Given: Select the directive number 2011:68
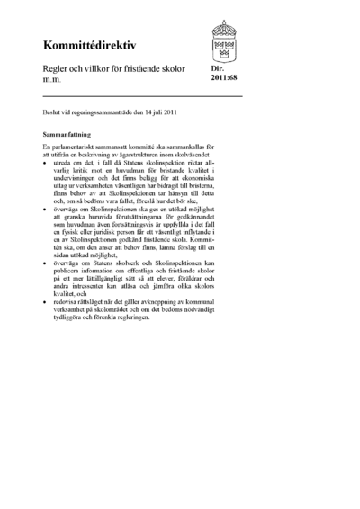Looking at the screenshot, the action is click(224, 77).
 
